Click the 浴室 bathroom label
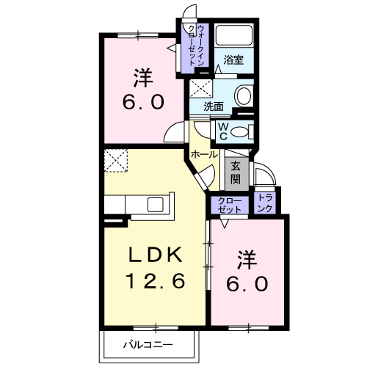click(x=233, y=59)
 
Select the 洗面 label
click(x=214, y=106)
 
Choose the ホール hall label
click(x=204, y=154)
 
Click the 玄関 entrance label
click(x=236, y=172)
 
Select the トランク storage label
click(x=266, y=203)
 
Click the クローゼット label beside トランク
click(x=230, y=204)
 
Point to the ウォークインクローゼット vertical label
click(x=196, y=46)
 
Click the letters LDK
click(x=156, y=255)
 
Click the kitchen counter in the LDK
click(x=139, y=203)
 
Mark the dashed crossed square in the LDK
click(x=115, y=160)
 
